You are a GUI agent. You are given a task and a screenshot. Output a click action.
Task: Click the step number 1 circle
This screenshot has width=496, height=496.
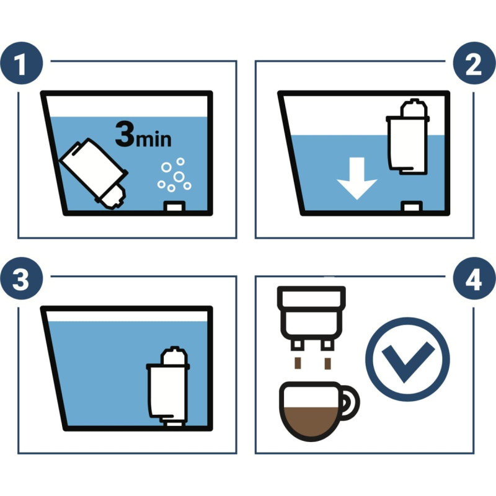point(22,63)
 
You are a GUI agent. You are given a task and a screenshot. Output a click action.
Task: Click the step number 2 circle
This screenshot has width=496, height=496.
point(474,63)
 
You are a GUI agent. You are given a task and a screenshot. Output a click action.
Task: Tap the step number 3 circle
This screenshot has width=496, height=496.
point(22,278)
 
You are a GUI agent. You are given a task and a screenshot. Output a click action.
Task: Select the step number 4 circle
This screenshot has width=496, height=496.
point(474,278)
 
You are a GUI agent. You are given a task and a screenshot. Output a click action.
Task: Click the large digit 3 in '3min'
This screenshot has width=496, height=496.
point(125,134)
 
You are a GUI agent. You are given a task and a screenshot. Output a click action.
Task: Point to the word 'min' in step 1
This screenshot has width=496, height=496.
point(154,139)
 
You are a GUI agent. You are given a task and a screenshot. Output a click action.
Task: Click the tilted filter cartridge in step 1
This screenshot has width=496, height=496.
point(94,174)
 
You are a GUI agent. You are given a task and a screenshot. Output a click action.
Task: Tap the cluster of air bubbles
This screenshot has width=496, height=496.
point(174,175)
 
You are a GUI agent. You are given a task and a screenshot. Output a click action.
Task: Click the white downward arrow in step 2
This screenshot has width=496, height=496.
point(357,178)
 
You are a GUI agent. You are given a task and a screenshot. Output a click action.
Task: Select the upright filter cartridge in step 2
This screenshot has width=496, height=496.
point(408,136)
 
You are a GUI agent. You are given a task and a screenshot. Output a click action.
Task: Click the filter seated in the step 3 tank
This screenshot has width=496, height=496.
point(168,386)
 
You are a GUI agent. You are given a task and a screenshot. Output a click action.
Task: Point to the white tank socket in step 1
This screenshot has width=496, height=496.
point(174,207)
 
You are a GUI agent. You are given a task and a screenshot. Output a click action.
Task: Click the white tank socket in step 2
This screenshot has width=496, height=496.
point(412,207)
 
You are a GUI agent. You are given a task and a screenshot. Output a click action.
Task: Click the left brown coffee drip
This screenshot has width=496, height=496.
point(298,363)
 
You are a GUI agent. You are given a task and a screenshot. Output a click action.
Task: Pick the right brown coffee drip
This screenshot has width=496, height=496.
point(328,363)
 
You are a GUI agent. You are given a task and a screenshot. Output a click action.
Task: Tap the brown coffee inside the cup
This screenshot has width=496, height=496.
point(311,422)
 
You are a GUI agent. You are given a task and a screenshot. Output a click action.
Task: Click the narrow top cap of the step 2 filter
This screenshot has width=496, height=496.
point(413,107)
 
